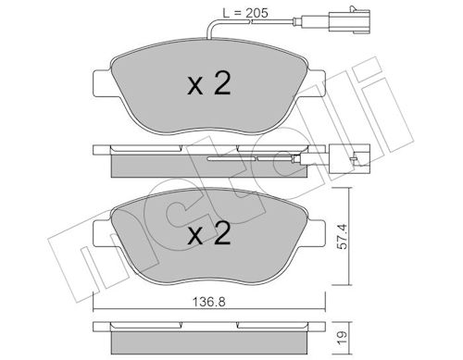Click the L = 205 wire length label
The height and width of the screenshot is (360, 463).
pos(245,13)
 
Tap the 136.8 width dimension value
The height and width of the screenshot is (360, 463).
pos(209,302)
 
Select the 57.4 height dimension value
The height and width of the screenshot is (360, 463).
pos(343,237)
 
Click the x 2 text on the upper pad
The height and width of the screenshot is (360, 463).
pos(209,83)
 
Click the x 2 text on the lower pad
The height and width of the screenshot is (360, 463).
pos(209,234)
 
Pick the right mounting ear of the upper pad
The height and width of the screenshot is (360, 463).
pos(317,83)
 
